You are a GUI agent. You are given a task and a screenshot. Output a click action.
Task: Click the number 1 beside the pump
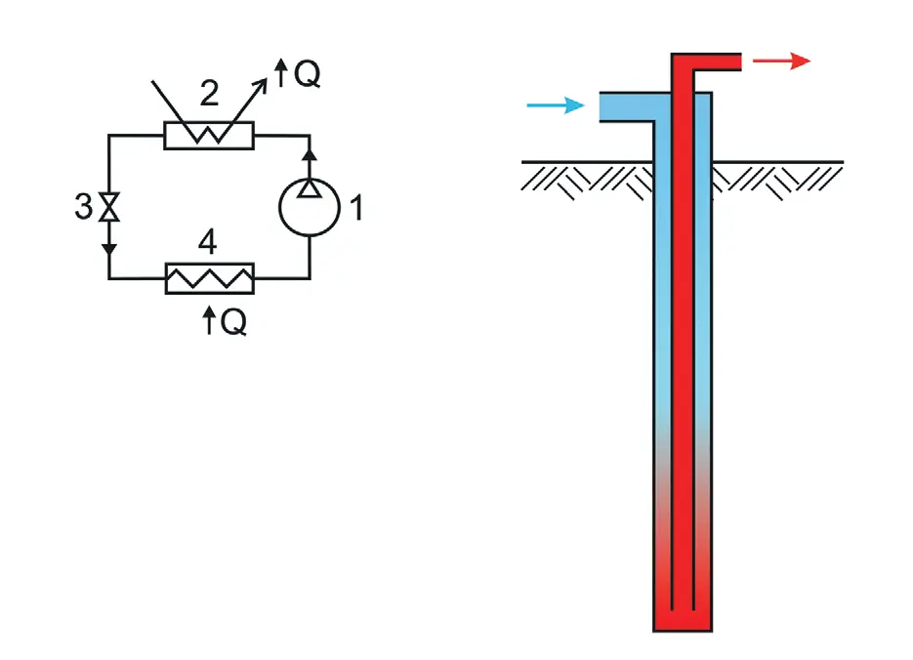click(x=357, y=208)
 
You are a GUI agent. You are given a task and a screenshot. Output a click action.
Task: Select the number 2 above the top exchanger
click(x=209, y=93)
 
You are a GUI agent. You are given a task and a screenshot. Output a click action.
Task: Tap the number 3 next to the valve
click(x=83, y=206)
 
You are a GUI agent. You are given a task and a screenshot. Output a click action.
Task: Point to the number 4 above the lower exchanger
click(x=208, y=241)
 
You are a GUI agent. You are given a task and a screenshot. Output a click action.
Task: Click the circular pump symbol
click(x=310, y=207)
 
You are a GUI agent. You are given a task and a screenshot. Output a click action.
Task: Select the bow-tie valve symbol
click(x=109, y=207)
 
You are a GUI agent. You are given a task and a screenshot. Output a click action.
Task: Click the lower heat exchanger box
click(x=210, y=279)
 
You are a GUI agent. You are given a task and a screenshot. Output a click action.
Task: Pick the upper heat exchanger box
click(x=209, y=136)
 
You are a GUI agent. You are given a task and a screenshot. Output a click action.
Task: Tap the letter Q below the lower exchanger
click(x=233, y=321)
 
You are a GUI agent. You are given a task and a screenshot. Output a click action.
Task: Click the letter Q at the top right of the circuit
click(x=307, y=73)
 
